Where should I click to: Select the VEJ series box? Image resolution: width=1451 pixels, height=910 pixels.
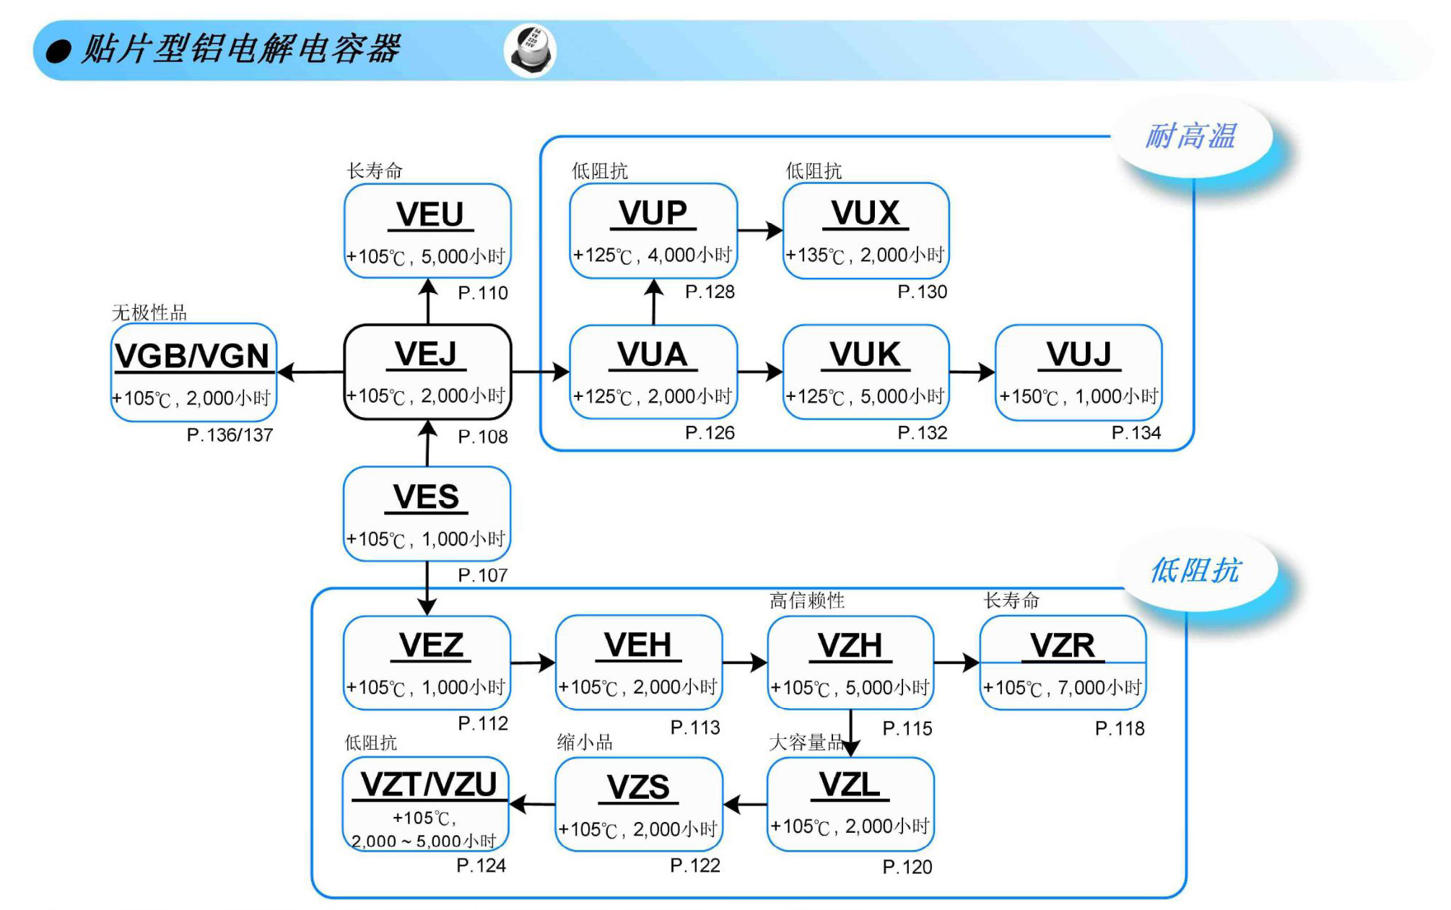coord(427,372)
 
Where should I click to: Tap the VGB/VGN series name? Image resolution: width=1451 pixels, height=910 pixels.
coord(192,356)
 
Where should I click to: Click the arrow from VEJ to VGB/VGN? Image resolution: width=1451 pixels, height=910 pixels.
coord(311,372)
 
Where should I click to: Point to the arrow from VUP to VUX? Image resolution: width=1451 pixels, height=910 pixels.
coord(760,231)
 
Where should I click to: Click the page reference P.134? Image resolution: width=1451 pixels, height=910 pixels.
coord(1136,433)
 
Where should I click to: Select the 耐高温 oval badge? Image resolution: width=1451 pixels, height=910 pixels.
coord(1192,136)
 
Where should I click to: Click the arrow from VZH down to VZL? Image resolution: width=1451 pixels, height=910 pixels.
coord(851,733)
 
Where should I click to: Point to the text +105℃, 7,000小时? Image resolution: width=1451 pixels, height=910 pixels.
coord(1062,688)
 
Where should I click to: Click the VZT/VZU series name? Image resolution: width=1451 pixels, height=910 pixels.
coord(428,785)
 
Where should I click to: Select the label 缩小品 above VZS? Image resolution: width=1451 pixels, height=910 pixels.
coord(585,743)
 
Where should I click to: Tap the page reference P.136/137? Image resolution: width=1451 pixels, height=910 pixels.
coord(230,435)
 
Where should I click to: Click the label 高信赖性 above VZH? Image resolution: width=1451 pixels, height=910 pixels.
coord(806,600)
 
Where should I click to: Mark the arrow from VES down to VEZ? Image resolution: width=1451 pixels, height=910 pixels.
coord(427,588)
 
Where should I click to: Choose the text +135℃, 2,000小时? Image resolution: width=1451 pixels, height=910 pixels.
coord(865,255)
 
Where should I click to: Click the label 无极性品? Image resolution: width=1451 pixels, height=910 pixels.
coord(149,312)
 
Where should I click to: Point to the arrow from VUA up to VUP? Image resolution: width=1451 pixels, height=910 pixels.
coord(654,302)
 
